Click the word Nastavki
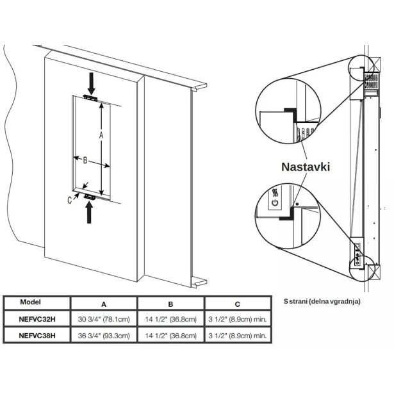[306, 167]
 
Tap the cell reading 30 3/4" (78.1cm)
[103, 318]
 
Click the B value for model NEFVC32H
[171, 318]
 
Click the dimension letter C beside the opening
[69, 199]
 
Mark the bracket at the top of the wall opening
[90, 98]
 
